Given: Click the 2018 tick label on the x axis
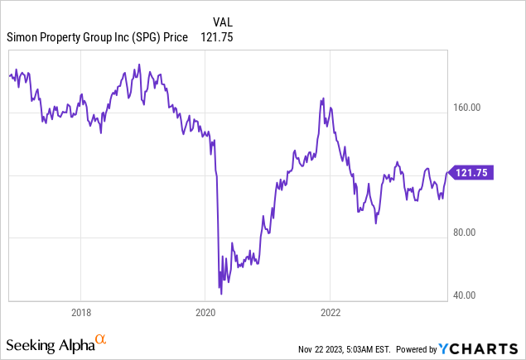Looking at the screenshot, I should pos(80,313).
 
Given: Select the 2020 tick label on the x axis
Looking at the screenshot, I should pos(205,313).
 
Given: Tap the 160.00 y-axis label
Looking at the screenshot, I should pos(470,108).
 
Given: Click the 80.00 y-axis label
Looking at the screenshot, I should pos(470,233).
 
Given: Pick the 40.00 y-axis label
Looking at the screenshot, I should pos(470,295).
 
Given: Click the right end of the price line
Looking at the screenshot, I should pos(446,172).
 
